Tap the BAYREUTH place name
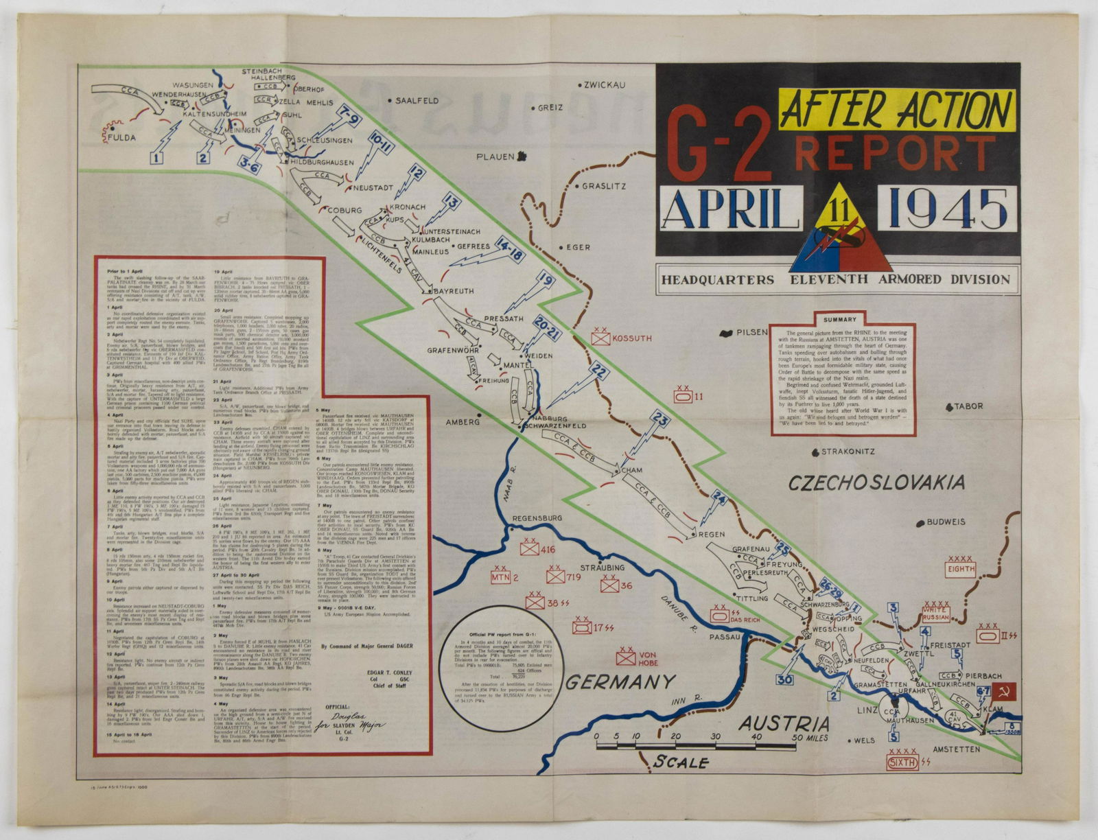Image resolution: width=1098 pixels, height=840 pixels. pos(452,292)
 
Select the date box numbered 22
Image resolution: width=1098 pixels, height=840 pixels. pos(599,373)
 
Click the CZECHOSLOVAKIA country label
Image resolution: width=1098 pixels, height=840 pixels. pos(876,482)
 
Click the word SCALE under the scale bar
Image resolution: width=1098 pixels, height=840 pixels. pos(680,762)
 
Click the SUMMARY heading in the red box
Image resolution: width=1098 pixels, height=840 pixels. pos(840,320)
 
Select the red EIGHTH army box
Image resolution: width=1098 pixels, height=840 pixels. pos(960,568)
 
